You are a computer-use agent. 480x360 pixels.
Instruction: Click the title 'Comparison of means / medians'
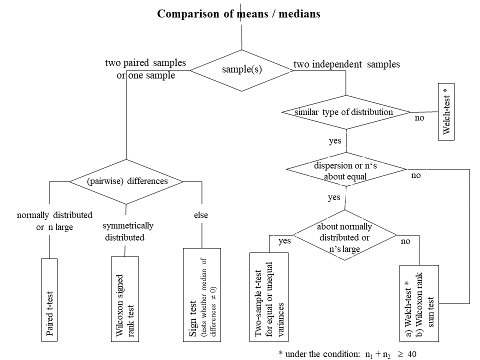pyautogui.click(x=238, y=13)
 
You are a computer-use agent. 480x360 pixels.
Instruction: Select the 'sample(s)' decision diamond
pyautogui.click(x=242, y=70)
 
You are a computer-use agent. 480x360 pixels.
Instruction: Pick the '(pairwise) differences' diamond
pyautogui.click(x=126, y=181)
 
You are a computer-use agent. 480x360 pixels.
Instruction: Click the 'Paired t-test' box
pyautogui.click(x=49, y=299)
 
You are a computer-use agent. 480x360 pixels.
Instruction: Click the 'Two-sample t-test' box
pyautogui.click(x=269, y=297)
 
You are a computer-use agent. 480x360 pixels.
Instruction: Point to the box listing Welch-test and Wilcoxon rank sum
pyautogui.click(x=419, y=303)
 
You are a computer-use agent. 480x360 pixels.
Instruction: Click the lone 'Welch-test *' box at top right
pyautogui.click(x=446, y=111)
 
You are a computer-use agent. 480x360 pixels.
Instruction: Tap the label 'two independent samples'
pyautogui.click(x=346, y=64)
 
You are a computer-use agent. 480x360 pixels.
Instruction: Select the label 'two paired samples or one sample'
pyautogui.click(x=145, y=69)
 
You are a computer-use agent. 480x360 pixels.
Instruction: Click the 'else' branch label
pyautogui.click(x=201, y=215)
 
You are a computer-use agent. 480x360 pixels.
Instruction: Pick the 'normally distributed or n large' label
pyautogui.click(x=54, y=221)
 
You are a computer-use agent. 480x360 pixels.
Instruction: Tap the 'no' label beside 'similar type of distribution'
pyautogui.click(x=419, y=118)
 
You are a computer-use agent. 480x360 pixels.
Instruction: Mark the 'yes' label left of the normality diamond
pyautogui.click(x=284, y=241)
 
